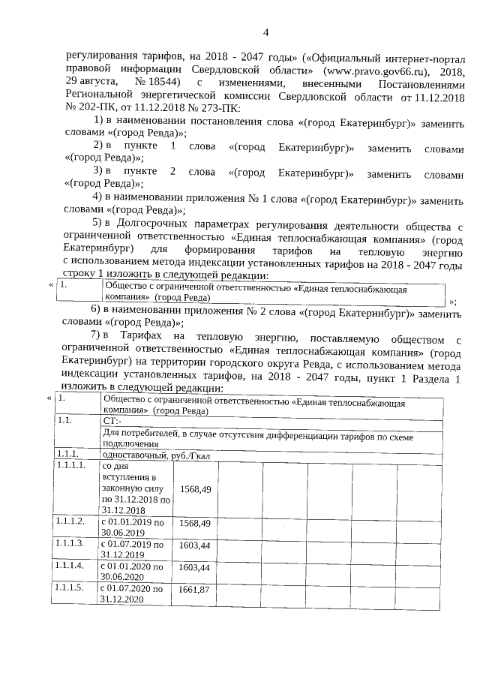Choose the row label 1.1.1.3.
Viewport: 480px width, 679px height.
[x=70, y=543]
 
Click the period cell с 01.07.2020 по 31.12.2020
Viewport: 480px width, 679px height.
[x=133, y=593]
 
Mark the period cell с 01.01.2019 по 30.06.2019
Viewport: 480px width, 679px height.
[x=133, y=527]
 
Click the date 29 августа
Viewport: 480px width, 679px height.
[x=90, y=83]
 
